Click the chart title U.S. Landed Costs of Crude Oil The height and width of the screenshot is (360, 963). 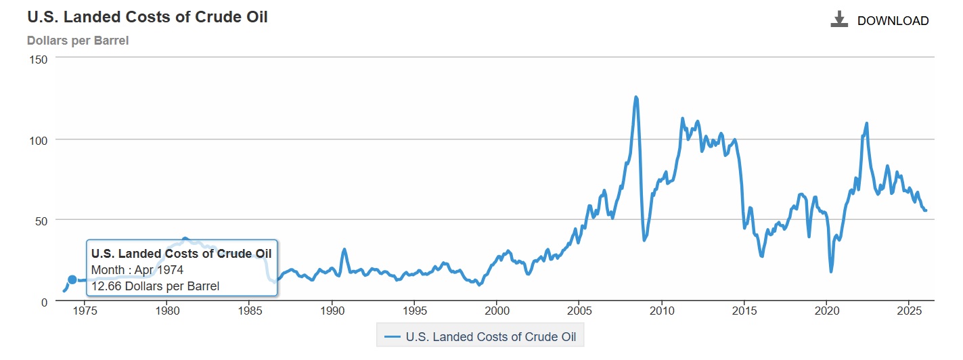148,18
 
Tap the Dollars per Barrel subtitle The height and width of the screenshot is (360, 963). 78,41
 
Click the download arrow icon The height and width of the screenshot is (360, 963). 839,20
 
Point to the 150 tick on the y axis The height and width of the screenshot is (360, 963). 39,60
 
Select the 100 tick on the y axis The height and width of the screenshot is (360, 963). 39,140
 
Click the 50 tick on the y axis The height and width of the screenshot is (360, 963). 41,221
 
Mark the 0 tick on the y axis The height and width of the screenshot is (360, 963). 44,301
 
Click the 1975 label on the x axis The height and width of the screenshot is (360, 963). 85,312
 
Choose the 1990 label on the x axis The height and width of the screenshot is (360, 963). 332,312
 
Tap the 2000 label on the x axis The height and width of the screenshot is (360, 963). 497,312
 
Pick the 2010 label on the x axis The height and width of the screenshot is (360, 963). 661,312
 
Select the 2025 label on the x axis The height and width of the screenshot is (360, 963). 908,312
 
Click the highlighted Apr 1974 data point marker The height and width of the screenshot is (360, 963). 72,280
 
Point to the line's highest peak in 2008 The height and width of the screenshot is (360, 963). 635,97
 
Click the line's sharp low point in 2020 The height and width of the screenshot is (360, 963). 831,271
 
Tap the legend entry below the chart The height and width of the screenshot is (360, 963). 480,336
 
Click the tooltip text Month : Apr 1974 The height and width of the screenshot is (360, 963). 137,270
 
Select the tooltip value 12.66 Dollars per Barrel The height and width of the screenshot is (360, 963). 155,286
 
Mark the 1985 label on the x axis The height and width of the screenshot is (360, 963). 250,312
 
